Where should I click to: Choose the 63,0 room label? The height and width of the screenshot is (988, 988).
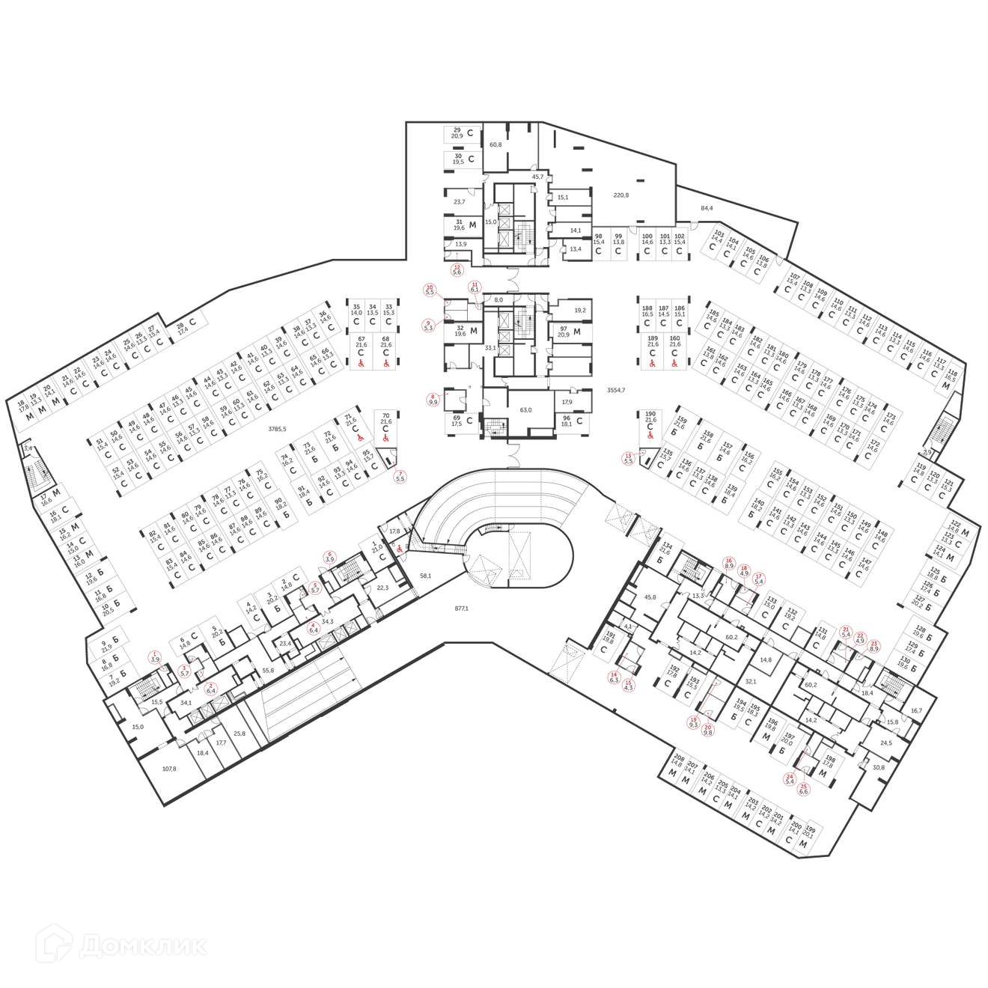coord(525,410)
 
